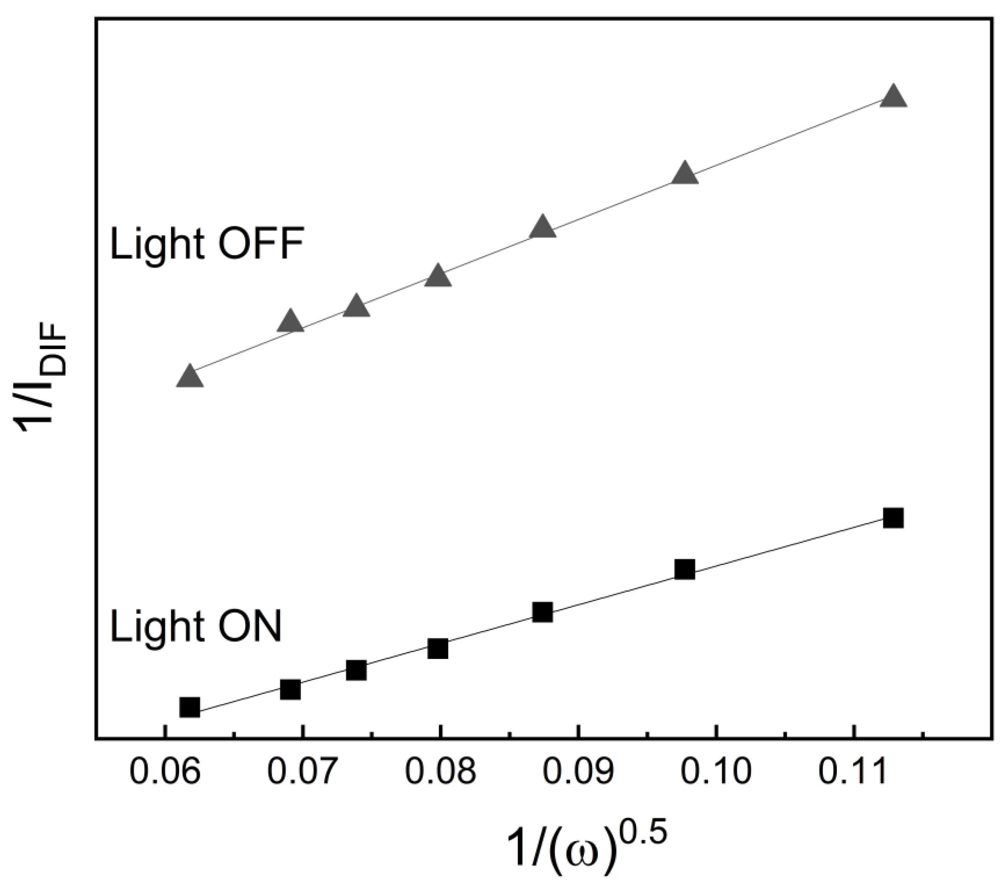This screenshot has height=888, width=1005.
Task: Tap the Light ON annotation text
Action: pos(196,627)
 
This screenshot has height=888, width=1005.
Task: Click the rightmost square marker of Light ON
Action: pos(893,518)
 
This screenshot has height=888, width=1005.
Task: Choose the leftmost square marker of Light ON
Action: pos(190,707)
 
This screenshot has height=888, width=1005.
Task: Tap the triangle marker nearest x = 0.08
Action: pos(438,276)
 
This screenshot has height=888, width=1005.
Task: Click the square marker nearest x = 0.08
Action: pos(438,649)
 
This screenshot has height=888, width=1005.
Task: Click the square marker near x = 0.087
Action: pos(542,612)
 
